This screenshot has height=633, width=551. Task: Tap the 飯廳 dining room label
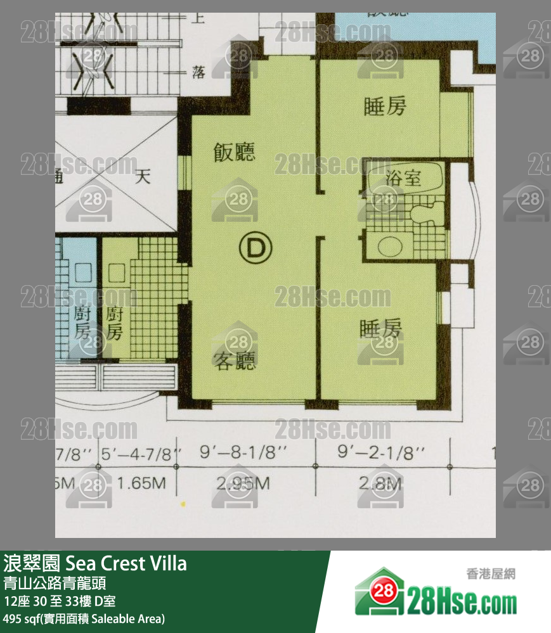coord(234,153)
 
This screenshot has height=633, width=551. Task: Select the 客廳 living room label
coord(235,361)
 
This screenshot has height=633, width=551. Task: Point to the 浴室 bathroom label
coord(403,178)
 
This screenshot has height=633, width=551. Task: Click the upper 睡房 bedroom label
coord(384,107)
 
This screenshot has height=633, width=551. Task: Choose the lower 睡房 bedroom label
coord(380,329)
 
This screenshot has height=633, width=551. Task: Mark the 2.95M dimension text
coord(243,484)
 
